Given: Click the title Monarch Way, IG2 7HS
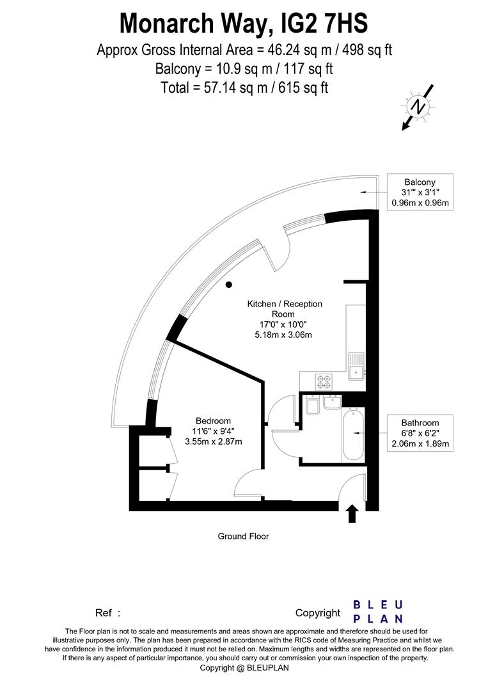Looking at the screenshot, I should pos(244,24).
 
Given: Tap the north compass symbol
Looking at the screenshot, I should pos(418,107).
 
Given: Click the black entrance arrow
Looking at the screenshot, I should pos(351,512).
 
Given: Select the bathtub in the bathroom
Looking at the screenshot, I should pos(353,435).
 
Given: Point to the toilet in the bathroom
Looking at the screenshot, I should pos(313,406).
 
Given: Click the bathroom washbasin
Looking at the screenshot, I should pos(331,404).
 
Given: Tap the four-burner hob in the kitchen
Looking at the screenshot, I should pos(324,382).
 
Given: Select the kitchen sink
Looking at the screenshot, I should pos(356,365).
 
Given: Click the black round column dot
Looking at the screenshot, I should pos(228,285).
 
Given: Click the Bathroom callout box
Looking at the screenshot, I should pos(420,433).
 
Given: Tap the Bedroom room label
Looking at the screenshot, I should pos(213,420).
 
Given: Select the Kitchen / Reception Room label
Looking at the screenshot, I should pos(285,309).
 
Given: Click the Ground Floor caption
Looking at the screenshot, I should pos(244,536).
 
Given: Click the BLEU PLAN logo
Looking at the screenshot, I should pos(378,612).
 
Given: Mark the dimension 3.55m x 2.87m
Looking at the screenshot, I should pos(213,441).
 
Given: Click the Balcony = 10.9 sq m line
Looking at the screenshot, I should pos(244,68).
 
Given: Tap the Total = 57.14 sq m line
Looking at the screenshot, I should pos(244,88).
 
